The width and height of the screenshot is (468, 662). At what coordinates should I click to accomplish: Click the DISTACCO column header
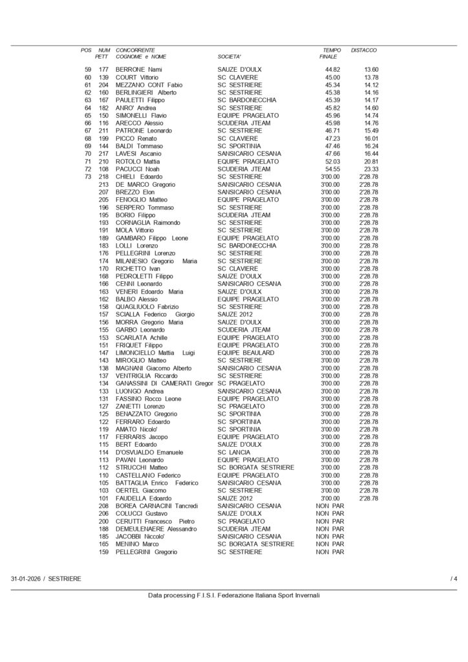tap(364, 50)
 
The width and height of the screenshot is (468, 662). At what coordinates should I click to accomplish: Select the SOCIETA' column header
tap(229, 57)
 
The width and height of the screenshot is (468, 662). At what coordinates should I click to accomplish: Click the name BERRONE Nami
tap(138, 69)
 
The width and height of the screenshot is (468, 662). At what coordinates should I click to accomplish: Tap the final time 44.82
tap(332, 69)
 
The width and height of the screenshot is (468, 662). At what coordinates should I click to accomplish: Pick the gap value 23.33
tap(371, 169)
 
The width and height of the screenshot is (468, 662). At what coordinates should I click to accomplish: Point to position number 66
tap(88, 123)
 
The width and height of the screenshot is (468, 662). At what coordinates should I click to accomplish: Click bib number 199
tap(103, 138)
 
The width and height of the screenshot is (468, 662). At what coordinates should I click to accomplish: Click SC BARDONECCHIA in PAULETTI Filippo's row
tap(247, 100)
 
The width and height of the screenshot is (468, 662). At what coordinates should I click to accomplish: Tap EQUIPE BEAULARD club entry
tap(246, 353)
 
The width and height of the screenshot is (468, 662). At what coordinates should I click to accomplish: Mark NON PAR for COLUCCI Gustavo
tap(330, 513)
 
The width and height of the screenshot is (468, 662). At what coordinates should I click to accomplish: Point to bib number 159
tap(103, 552)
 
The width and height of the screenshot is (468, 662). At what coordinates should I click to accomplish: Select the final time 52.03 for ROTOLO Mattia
tap(332, 161)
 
